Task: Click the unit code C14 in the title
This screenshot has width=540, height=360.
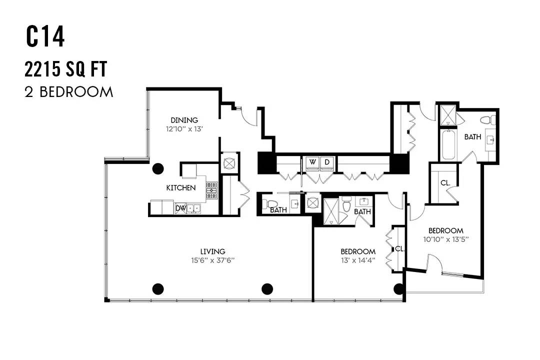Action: click(x=45, y=37)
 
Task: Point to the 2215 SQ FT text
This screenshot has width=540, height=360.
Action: click(x=66, y=69)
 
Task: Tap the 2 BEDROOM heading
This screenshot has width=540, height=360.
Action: click(x=69, y=92)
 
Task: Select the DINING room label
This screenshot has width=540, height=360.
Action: click(x=184, y=120)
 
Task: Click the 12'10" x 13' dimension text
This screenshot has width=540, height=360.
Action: click(x=184, y=129)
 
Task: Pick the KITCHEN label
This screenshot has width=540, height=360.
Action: click(x=181, y=188)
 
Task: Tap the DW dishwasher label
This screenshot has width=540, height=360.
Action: click(x=180, y=208)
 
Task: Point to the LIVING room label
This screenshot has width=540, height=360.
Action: click(x=213, y=252)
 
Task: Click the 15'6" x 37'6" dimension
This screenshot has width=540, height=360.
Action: click(x=213, y=260)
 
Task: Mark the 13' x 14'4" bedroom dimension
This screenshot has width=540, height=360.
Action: click(x=358, y=260)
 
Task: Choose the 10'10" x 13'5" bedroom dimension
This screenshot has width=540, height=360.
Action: click(x=446, y=239)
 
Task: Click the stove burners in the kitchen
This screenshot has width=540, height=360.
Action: click(x=212, y=190)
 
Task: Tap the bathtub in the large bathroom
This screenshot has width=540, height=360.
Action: click(x=448, y=144)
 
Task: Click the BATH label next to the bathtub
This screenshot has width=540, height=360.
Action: click(x=473, y=137)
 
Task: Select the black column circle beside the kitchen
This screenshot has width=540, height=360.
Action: click(x=158, y=168)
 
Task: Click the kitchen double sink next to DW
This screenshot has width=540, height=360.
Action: click(x=193, y=208)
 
